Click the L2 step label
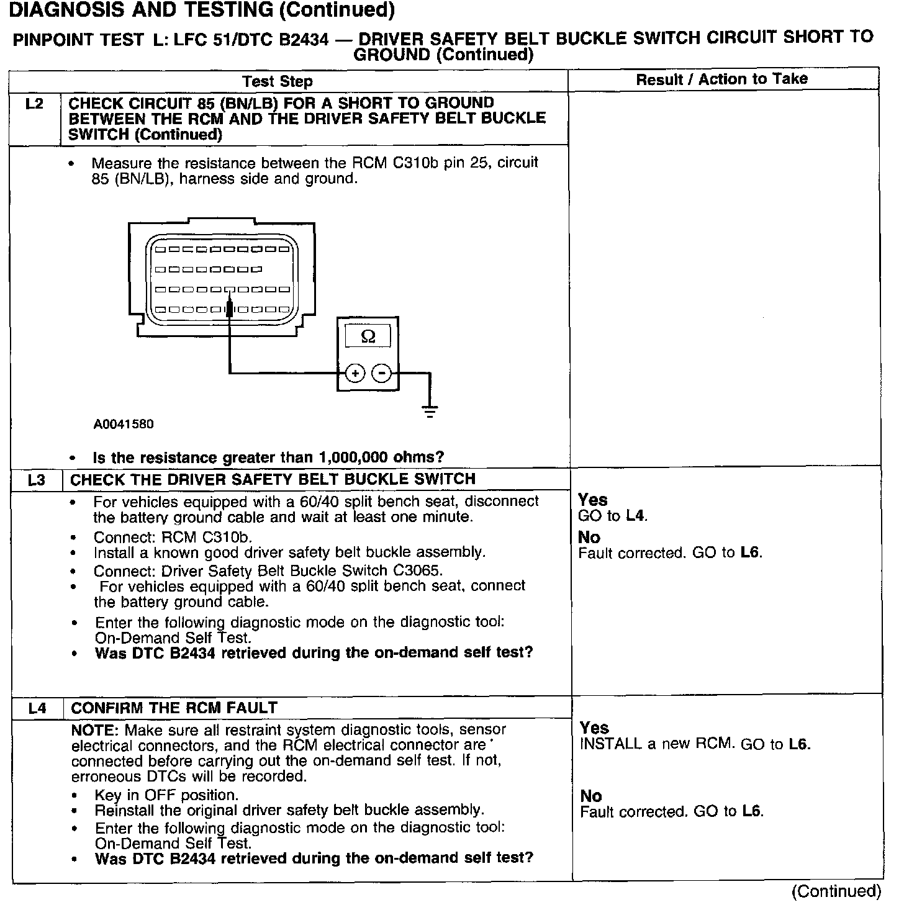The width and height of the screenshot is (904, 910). pos(35,104)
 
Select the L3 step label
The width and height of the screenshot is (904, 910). pos(37,480)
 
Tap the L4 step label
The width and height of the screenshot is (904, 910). pos(37,708)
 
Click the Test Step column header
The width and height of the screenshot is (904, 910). pos(278,81)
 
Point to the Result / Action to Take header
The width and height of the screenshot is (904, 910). pos(721,79)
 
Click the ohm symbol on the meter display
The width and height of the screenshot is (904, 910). pos(368,336)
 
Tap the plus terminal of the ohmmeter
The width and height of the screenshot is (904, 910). pos(355,373)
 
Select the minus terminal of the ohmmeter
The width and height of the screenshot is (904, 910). pos(382,373)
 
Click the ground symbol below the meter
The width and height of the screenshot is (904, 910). pos(430,410)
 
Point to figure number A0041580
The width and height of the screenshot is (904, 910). pos(124,425)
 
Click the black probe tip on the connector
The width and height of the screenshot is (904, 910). pos(230,308)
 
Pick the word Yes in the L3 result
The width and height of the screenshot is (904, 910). pos(592,500)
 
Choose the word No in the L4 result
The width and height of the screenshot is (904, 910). pos(590,796)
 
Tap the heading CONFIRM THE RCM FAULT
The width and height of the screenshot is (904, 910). pos(174,708)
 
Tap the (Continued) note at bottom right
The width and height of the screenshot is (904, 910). pos(836,891)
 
